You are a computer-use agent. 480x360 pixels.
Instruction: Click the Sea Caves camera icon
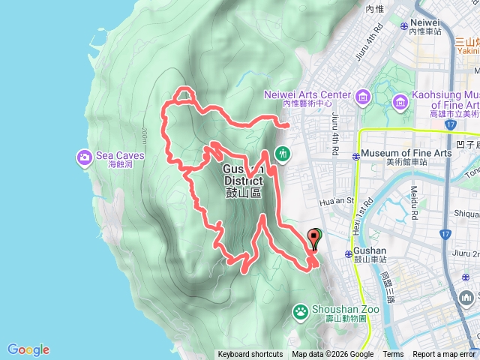[x=83, y=157]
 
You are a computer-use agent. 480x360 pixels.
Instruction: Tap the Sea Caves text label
[x=119, y=156]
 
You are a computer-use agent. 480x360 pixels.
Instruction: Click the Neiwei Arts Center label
[x=307, y=95]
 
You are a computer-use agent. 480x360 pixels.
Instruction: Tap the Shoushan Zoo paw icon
[x=301, y=310]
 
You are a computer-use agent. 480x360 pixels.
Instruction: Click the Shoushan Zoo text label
[x=341, y=308]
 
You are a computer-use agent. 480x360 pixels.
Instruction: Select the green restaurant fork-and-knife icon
[x=282, y=152]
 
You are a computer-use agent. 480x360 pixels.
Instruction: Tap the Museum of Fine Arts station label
[x=396, y=154]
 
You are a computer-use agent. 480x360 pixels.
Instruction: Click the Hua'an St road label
[x=336, y=201]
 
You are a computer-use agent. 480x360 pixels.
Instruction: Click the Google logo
[x=28, y=349]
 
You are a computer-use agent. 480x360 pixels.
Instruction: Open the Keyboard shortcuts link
[x=250, y=355]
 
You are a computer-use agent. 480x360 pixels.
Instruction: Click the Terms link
[x=393, y=355]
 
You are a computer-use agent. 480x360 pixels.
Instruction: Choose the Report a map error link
[x=445, y=355]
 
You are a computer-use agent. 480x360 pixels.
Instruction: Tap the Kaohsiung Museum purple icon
[x=400, y=100]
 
